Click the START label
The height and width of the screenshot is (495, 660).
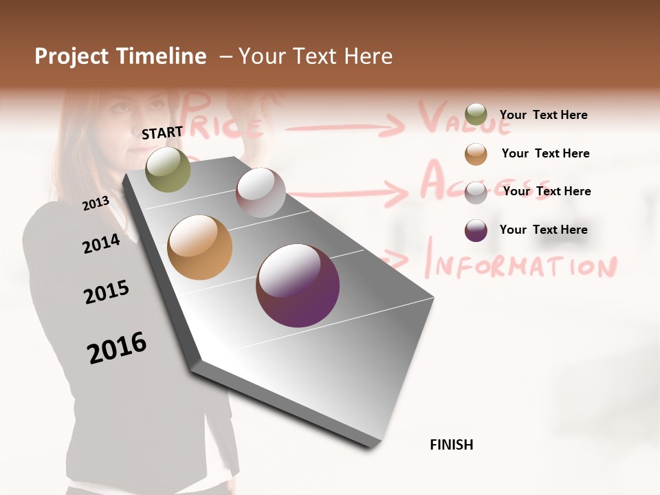162,133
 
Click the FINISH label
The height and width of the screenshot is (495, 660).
452,445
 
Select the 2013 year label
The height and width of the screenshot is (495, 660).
96,203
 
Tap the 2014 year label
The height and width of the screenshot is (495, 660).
101,243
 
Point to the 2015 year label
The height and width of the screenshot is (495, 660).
107,292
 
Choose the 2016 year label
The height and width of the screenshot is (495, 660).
117,347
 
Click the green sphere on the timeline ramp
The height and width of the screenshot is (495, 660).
168,169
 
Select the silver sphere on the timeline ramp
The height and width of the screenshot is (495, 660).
261,192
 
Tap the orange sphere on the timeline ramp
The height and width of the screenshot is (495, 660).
199,247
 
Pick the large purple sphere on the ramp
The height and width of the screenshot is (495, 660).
298,285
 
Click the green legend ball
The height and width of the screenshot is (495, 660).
476,115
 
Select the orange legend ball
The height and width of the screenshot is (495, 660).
476,154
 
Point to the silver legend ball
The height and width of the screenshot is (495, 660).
476,192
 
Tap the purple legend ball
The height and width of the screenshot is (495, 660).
476,230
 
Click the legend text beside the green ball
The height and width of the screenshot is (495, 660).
544,115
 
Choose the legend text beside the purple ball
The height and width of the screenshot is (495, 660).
544,230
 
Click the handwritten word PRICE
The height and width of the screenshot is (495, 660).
223,120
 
